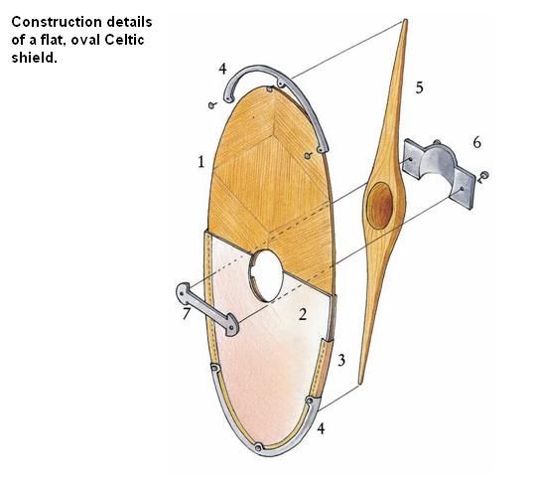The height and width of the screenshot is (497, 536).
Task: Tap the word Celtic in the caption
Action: pyautogui.click(x=124, y=40)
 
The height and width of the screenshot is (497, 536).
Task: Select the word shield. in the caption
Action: pyautogui.click(x=34, y=58)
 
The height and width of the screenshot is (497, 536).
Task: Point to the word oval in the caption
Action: pyautogui.click(x=85, y=40)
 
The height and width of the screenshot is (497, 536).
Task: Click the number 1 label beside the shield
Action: pyautogui.click(x=201, y=162)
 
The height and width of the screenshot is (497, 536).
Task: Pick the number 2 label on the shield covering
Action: pyautogui.click(x=303, y=314)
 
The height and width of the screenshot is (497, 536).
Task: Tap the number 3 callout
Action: pyautogui.click(x=341, y=360)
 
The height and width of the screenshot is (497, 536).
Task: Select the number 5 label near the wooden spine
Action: pyautogui.click(x=420, y=87)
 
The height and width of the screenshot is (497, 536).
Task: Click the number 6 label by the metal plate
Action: pyautogui.click(x=476, y=142)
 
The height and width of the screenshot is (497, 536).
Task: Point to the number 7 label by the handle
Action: pyautogui.click(x=186, y=313)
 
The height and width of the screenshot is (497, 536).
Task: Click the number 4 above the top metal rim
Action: pyautogui.click(x=222, y=69)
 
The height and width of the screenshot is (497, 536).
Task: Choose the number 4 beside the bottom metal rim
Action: pyautogui.click(x=321, y=428)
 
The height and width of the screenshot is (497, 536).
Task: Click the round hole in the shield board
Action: pyautogui.click(x=266, y=275)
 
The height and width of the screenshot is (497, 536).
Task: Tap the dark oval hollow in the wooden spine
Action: pyautogui.click(x=380, y=206)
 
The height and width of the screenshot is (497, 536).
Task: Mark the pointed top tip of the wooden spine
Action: pyautogui.click(x=405, y=20)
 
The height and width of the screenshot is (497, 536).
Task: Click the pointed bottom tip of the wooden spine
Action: pyautogui.click(x=360, y=384)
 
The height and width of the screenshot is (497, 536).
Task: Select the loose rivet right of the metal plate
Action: pyautogui.click(x=483, y=177)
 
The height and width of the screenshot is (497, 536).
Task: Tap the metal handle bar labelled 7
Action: pyautogui.click(x=207, y=309)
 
